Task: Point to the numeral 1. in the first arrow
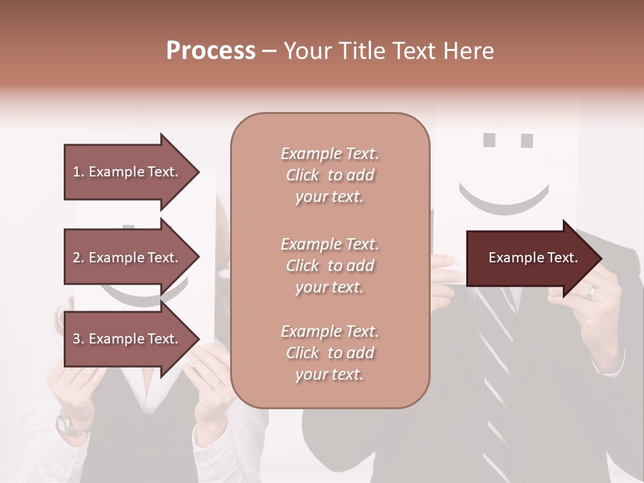click(78, 172)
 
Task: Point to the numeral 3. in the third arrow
click(78, 339)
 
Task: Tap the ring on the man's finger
click(592, 291)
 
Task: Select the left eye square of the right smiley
click(490, 140)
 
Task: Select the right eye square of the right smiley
click(527, 141)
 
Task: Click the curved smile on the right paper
click(504, 202)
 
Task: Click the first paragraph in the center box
click(329, 175)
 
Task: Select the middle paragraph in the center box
click(329, 266)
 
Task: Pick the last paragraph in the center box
click(329, 353)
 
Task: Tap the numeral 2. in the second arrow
click(78, 258)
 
